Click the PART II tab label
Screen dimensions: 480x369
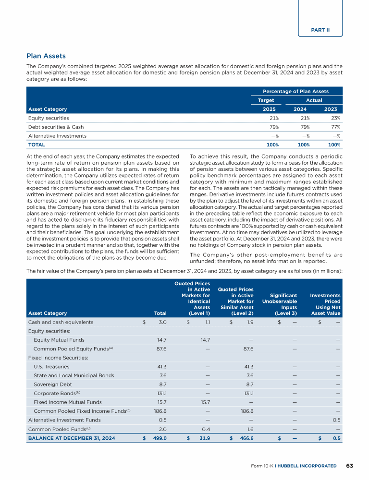coord(320,30)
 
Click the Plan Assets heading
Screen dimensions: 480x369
coord(46,56)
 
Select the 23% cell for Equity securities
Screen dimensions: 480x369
coord(335,118)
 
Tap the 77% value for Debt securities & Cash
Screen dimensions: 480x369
coord(335,127)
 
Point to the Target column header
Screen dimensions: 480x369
coord(266,100)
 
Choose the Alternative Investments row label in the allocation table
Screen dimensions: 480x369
coord(58,136)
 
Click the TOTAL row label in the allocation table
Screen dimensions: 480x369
coord(37,144)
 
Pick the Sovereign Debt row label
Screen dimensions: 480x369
coord(51,384)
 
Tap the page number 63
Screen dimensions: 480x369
coord(349,466)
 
